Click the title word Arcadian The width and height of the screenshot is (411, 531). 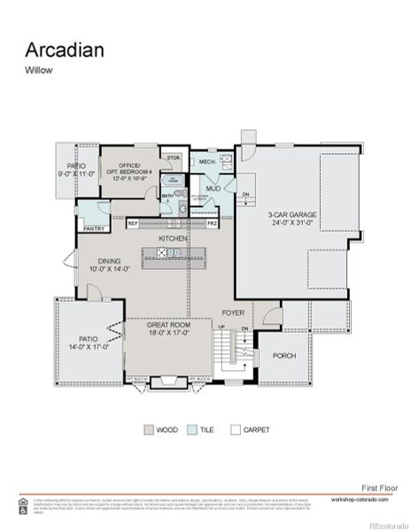64,50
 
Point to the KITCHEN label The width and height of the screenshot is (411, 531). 173,239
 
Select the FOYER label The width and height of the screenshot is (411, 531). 233,313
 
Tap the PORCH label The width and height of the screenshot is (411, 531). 283,357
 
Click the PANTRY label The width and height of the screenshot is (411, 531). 94,229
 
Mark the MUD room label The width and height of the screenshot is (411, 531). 213,189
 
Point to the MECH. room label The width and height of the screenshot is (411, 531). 207,163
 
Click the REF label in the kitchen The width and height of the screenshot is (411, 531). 132,224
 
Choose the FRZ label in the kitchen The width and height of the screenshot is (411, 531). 212,224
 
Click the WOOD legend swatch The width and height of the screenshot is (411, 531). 148,430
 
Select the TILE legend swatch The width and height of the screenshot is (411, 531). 191,430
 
